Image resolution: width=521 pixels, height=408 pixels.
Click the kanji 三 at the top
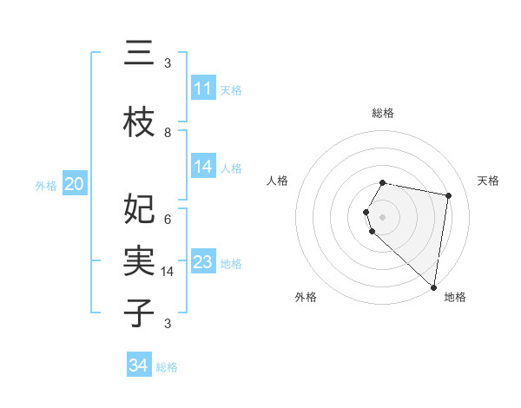139,55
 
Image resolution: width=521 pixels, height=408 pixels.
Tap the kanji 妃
139,209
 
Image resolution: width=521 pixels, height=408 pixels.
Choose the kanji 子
139,313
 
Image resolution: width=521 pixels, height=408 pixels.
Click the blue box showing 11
203,89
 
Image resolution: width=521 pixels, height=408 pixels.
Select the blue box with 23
203,262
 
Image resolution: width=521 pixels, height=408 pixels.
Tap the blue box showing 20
75,184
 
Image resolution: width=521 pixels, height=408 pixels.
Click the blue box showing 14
203,167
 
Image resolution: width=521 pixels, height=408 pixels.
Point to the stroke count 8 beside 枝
168,132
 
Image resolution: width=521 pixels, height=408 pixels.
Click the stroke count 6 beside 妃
168,219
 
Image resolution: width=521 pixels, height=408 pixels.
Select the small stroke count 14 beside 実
168,272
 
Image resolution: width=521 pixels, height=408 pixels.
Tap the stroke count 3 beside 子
168,324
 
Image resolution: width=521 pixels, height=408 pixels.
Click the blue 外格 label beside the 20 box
46,185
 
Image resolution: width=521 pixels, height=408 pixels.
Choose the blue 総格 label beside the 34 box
167,367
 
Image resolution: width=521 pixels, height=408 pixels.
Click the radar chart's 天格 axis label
488,181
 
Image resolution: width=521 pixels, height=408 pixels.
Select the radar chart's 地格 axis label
455,297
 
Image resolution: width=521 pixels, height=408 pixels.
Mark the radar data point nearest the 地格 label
433,286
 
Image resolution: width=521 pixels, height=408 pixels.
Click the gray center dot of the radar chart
382,216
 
